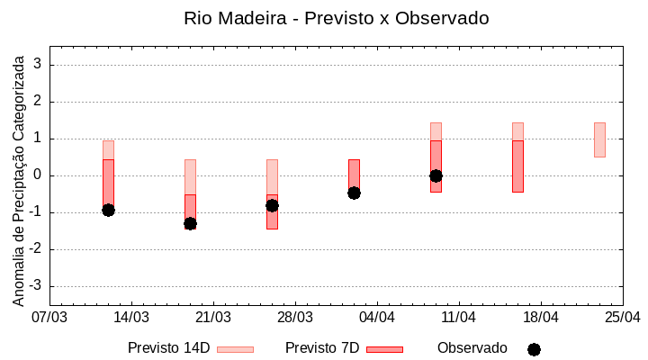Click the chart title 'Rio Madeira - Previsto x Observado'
(x=337, y=18)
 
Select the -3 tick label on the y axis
(x=36, y=286)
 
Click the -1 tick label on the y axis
(x=36, y=212)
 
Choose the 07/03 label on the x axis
(x=49, y=318)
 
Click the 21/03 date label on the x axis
(x=213, y=318)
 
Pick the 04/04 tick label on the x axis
(x=377, y=318)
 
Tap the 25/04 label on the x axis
(x=622, y=318)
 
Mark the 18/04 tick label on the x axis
(x=541, y=318)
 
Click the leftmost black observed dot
(x=108, y=210)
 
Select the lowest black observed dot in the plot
(x=190, y=223)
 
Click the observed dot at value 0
(x=436, y=175)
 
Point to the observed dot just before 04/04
(x=354, y=193)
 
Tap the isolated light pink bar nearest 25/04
(x=599, y=139)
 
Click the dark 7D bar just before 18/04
(x=517, y=166)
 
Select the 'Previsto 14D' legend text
(x=168, y=348)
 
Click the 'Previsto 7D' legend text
(x=322, y=348)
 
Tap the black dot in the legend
(x=534, y=349)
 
